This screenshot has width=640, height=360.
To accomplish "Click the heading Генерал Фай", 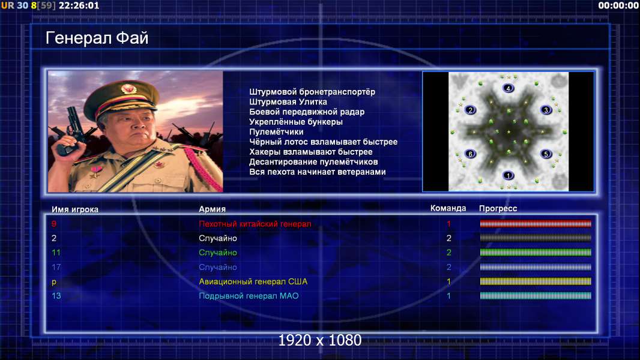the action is click(97, 38).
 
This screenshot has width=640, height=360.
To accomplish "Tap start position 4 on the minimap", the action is click(508, 88).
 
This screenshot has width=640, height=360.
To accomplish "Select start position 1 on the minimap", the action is click(508, 175).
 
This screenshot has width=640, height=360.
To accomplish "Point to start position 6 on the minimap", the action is click(470, 154).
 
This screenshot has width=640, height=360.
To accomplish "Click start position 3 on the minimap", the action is click(546, 110).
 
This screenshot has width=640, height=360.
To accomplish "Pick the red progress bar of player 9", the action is click(536, 223).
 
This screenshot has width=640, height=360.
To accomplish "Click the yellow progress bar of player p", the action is click(536, 281).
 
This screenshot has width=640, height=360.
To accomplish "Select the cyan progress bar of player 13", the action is click(536, 296).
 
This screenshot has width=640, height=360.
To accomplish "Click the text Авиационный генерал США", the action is click(253, 281).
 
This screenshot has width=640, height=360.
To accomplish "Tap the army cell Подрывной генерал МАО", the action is click(249, 296).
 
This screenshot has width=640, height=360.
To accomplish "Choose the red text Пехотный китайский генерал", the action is click(255, 224).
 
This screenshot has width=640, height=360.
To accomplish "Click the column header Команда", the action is click(448, 208).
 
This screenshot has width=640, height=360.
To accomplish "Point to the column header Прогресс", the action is click(498, 209).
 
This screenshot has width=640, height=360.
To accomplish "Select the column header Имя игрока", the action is click(75, 209).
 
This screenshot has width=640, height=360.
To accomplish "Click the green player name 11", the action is click(56, 253).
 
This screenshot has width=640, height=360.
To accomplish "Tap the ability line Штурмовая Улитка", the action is click(288, 102).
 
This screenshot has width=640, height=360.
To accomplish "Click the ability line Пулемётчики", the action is click(276, 131).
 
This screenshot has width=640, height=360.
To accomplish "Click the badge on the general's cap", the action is click(128, 88).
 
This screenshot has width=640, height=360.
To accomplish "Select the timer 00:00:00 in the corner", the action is click(618, 6).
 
